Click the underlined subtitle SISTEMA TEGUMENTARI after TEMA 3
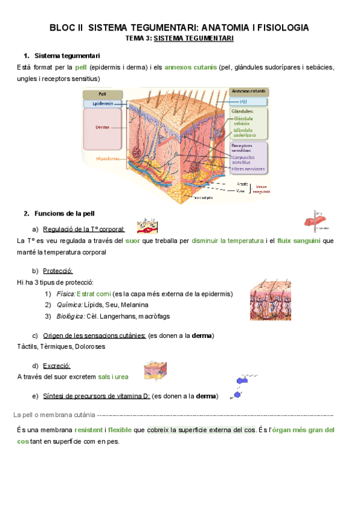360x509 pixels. [194, 38]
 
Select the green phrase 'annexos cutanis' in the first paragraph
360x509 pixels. [190, 67]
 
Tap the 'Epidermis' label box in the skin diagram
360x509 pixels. [103, 104]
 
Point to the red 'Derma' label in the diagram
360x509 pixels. [102, 127]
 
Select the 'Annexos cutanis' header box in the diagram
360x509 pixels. [248, 92]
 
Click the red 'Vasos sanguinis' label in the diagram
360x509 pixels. [260, 189]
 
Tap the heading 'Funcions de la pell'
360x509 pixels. [64, 213]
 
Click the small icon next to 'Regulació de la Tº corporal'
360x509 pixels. [147, 226]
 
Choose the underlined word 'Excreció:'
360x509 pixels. [57, 366]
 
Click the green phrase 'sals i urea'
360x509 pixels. [113, 377]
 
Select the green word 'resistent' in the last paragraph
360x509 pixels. [89, 430]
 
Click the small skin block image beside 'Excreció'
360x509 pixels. [155, 370]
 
